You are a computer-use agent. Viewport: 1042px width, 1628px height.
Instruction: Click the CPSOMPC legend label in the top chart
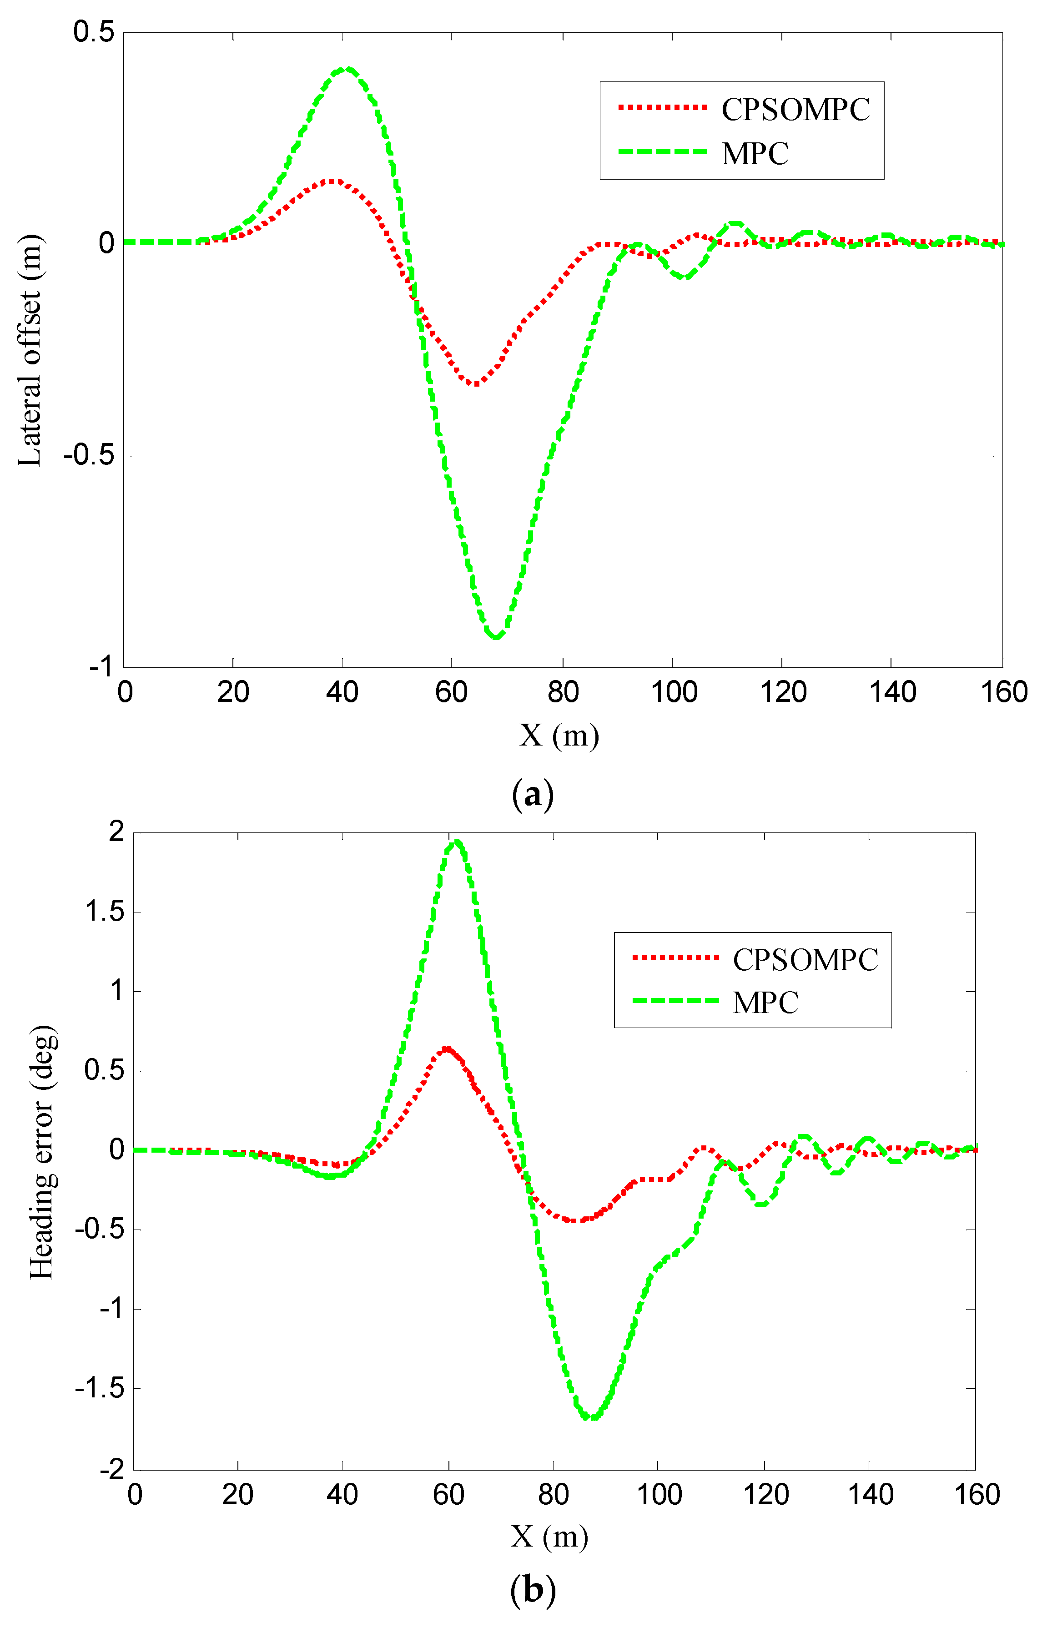[x=795, y=110]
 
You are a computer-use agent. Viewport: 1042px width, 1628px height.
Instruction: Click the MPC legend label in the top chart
[x=755, y=154]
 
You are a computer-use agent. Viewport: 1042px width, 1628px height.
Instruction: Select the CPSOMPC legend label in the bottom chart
[x=805, y=960]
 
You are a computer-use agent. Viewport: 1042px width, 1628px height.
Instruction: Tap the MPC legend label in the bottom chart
[x=765, y=1003]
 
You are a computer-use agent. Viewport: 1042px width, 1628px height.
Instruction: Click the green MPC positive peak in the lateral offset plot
[x=347, y=69]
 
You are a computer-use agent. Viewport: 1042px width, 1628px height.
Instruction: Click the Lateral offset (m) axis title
[x=30, y=351]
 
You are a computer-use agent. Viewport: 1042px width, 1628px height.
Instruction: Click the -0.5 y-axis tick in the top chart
[x=88, y=455]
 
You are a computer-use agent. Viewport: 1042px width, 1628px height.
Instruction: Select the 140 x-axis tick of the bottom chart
[x=870, y=1495]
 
